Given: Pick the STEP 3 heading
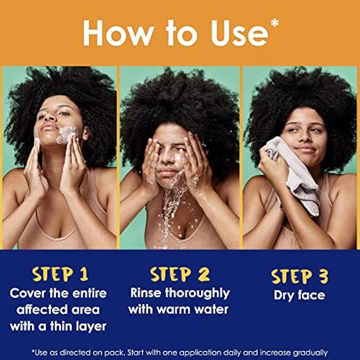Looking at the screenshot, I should (300, 277).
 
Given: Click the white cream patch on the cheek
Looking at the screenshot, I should (66, 134).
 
